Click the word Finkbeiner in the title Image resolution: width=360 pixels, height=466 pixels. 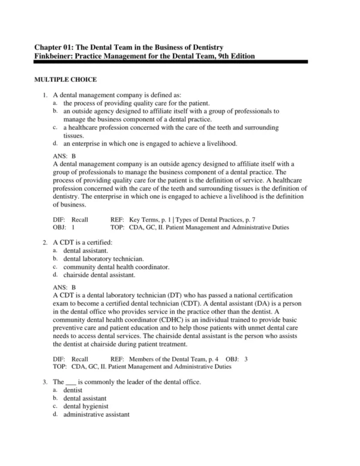(55, 56)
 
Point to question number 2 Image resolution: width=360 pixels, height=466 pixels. (45, 242)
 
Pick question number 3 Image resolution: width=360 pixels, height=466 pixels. (45, 382)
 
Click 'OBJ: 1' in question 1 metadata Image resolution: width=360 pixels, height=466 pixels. (64, 228)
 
